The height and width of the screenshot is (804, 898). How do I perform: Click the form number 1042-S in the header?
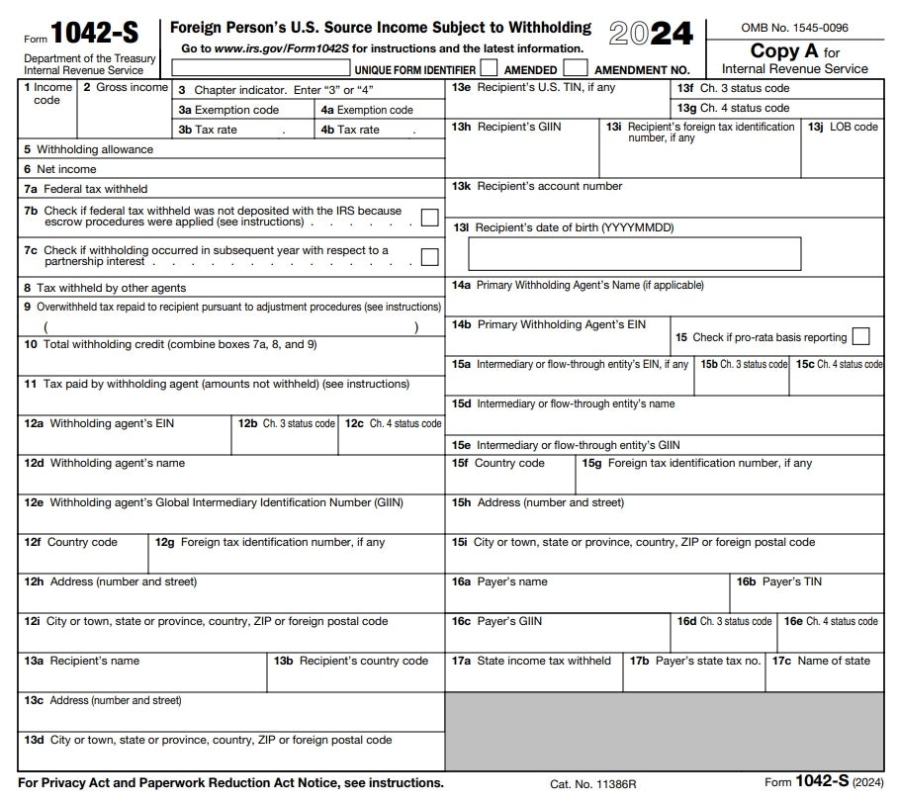96,33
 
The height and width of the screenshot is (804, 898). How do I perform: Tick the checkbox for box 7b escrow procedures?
429,218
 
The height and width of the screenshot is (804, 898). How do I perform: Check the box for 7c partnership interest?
429,257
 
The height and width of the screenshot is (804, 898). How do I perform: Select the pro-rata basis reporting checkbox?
860,336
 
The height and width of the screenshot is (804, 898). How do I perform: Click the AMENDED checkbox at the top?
489,69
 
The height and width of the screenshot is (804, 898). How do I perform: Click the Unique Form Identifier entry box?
262,69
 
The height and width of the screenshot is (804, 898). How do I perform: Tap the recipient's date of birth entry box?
634,254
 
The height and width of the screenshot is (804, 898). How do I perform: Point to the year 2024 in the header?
651,34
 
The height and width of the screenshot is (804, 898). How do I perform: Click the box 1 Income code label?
46,93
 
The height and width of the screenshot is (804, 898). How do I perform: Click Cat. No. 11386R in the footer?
592,784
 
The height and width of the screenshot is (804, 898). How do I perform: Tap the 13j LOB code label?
843,127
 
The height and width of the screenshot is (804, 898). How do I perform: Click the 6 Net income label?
60,169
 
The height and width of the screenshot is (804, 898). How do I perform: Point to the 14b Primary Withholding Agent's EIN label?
549,324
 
